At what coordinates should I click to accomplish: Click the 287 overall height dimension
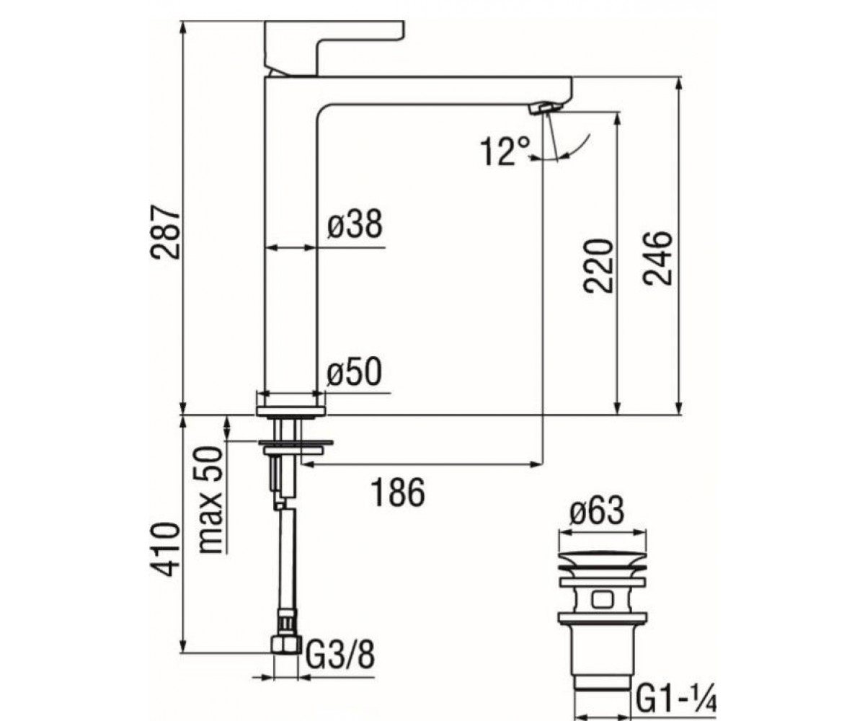164,232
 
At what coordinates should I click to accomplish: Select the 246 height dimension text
657,258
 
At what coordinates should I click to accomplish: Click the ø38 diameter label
355,224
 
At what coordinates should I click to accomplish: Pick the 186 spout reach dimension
398,492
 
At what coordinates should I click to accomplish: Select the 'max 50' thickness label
211,500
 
